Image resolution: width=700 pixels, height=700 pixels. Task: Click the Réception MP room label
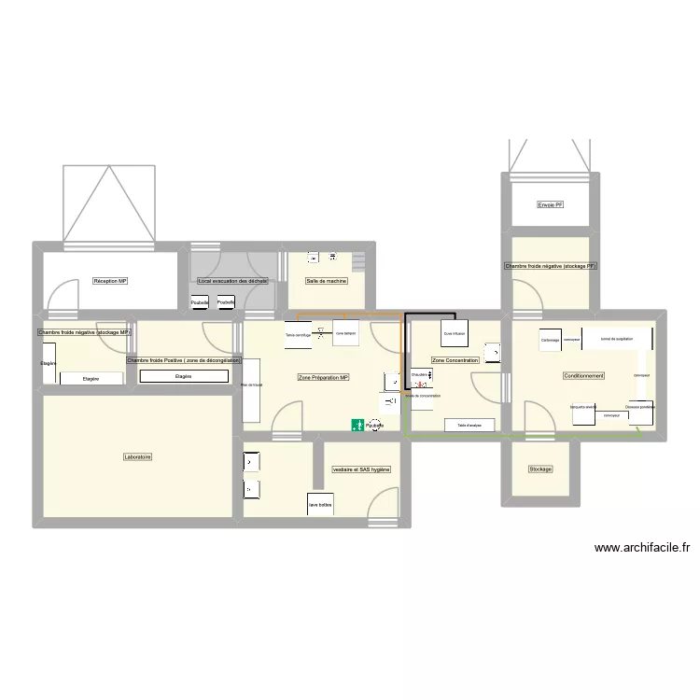click(110, 281)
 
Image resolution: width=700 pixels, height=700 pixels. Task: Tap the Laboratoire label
click(137, 457)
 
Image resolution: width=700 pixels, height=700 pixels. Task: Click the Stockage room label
click(540, 469)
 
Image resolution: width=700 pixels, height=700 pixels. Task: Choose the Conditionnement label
click(583, 375)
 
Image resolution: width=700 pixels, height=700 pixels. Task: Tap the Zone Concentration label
click(455, 360)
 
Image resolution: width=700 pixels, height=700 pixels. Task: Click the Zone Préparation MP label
click(323, 377)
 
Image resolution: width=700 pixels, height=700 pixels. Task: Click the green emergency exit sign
click(357, 426)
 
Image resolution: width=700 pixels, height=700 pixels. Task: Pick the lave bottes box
click(320, 505)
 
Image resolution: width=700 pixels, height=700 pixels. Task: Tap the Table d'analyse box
click(469, 426)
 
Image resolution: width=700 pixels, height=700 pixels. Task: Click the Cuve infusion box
click(455, 334)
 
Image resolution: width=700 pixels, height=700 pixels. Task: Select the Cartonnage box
click(550, 341)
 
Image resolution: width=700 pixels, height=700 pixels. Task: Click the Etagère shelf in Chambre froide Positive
click(183, 376)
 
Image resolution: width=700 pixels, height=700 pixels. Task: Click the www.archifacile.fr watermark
click(641, 549)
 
